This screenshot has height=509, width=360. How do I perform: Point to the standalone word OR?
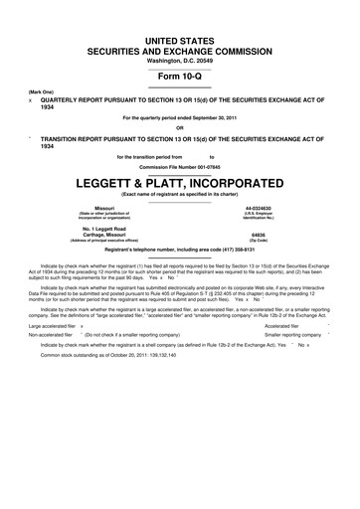click(x=180, y=126)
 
